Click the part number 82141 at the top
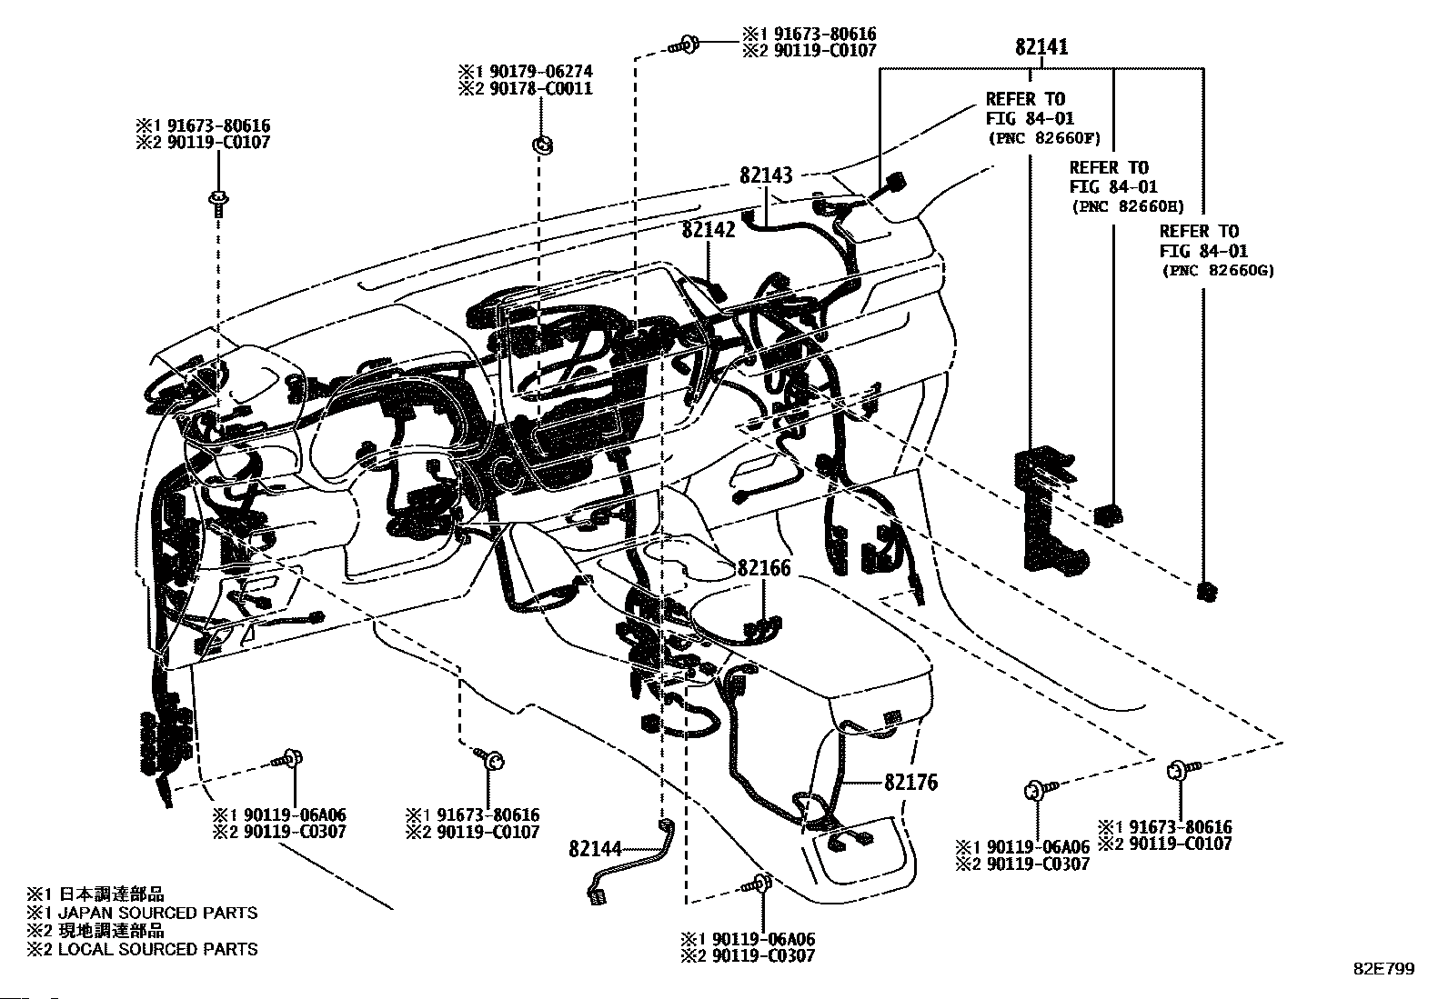[x=1041, y=46]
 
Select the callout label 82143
[x=766, y=175]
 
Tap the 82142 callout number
[x=709, y=229]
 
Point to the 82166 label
[x=764, y=568]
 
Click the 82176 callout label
[x=910, y=783]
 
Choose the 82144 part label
[x=596, y=848]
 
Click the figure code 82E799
[x=1384, y=969]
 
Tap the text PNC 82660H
[x=1129, y=206]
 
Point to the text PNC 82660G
[x=1219, y=271]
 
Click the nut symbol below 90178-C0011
[x=542, y=145]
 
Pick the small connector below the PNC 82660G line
[x=1206, y=591]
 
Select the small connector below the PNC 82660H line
[x=1109, y=514]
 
